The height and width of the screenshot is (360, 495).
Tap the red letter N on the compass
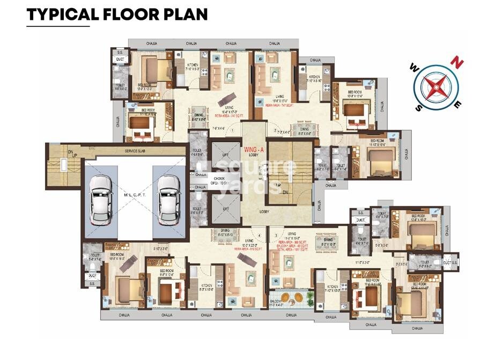(457, 62)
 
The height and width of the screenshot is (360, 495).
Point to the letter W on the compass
(414, 68)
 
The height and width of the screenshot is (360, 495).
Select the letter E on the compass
(457, 105)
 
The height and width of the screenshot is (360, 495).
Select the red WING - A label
(254, 148)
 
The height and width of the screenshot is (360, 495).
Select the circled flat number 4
(260, 235)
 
